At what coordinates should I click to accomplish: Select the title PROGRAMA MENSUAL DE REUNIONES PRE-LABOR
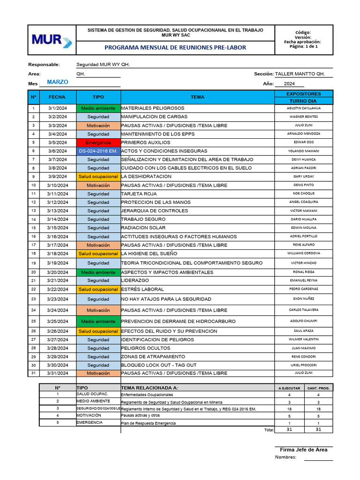click(175, 48)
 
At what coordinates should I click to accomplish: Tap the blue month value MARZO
click(58, 82)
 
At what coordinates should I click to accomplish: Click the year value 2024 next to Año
click(289, 84)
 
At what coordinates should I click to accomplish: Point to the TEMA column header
click(197, 97)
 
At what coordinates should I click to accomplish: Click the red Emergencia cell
click(98, 142)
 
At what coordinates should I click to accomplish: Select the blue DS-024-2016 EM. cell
click(98, 151)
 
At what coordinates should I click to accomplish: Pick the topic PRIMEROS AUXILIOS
click(146, 142)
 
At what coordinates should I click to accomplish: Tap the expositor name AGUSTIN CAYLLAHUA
click(303, 108)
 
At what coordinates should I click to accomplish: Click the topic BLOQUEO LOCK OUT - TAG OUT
click(159, 365)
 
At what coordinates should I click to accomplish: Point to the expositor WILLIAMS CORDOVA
click(303, 254)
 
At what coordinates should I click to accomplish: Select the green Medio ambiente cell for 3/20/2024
click(98, 272)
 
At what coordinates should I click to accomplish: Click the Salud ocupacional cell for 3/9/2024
click(98, 177)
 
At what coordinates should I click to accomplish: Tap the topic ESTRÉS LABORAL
click(142, 290)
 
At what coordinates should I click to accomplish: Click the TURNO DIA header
click(303, 101)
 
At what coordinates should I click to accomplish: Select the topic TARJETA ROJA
click(139, 194)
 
